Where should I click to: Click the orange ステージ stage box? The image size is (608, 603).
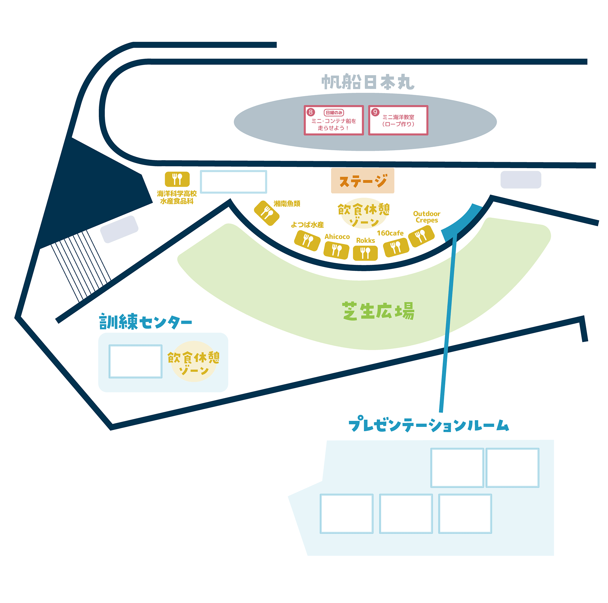[362, 181]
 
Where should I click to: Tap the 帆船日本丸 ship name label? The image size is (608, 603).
[368, 82]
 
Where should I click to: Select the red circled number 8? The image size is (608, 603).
[311, 112]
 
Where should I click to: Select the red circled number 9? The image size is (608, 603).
[375, 112]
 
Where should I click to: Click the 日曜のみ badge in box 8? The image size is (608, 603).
[334, 113]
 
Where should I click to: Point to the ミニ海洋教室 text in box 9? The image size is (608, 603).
[398, 117]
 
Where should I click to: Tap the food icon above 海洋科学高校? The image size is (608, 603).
[177, 179]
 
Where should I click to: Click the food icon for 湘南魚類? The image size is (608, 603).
[267, 213]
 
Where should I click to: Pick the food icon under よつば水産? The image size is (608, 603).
[307, 241]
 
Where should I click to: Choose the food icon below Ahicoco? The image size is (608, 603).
[337, 250]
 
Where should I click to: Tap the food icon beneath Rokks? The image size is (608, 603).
[365, 253]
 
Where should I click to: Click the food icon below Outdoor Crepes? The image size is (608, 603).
[421, 236]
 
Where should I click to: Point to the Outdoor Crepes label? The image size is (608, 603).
[427, 217]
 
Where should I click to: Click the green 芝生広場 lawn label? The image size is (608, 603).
[378, 311]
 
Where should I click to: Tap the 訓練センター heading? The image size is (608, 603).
[145, 322]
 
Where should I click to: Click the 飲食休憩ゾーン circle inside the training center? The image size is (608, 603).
[194, 361]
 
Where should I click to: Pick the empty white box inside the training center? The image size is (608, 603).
[135, 361]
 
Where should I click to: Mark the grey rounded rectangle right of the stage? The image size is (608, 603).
[521, 180]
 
